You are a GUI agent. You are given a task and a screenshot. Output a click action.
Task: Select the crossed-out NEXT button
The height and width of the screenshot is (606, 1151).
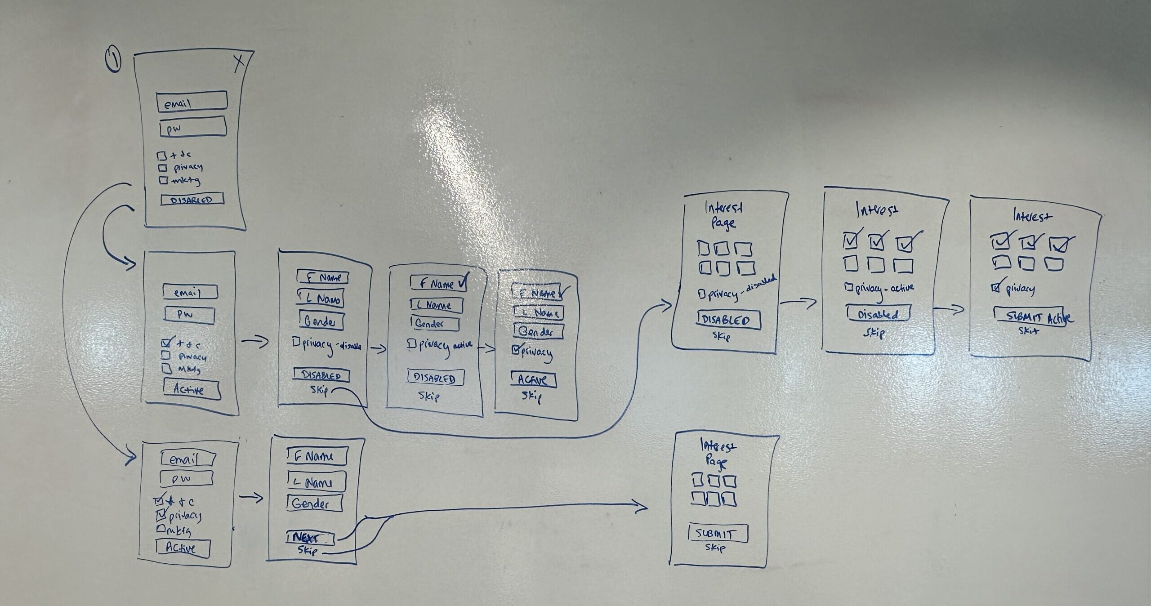pos(311,537)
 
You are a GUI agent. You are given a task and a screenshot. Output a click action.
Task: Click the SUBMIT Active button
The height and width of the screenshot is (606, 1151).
pos(1030,316)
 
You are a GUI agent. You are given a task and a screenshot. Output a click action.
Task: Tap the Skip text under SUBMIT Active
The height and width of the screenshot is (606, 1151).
pos(1028,331)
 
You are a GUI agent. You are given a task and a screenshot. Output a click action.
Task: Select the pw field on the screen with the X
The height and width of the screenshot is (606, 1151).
pos(192,127)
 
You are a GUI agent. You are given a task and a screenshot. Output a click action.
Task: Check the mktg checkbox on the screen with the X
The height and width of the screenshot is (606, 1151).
pos(162,181)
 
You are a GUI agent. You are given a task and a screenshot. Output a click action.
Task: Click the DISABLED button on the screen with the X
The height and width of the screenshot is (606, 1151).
pos(192,200)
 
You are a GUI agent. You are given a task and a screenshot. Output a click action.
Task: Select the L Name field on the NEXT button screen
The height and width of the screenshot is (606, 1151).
pos(317,482)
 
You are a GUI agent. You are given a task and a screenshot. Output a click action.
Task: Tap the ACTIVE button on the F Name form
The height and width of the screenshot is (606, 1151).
pos(534,380)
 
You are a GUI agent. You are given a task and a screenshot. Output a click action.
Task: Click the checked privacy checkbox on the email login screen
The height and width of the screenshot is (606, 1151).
pos(161,514)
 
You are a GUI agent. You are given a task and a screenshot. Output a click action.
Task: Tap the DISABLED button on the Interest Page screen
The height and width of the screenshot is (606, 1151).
pos(729,320)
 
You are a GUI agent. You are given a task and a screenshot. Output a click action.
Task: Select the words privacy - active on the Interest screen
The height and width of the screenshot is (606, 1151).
pos(884,288)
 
